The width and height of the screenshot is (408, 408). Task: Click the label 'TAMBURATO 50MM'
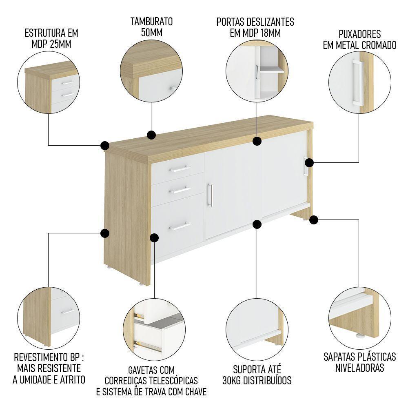152,27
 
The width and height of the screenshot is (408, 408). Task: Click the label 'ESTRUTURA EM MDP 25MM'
51,38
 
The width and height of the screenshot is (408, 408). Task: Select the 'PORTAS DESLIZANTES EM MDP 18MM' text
255,27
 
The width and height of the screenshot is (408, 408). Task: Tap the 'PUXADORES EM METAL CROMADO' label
359,39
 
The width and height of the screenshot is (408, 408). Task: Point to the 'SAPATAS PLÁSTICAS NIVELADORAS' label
359,362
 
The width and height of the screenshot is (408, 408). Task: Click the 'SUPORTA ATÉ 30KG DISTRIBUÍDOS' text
257,375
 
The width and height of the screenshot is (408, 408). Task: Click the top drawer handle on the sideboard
180,169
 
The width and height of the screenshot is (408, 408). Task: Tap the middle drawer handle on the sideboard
180,190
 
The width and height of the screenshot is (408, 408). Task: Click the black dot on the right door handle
309,163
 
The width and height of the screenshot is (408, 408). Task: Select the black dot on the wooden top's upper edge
151,135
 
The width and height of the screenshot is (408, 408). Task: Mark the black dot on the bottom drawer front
155,238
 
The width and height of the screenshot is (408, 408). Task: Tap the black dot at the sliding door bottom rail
257,224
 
